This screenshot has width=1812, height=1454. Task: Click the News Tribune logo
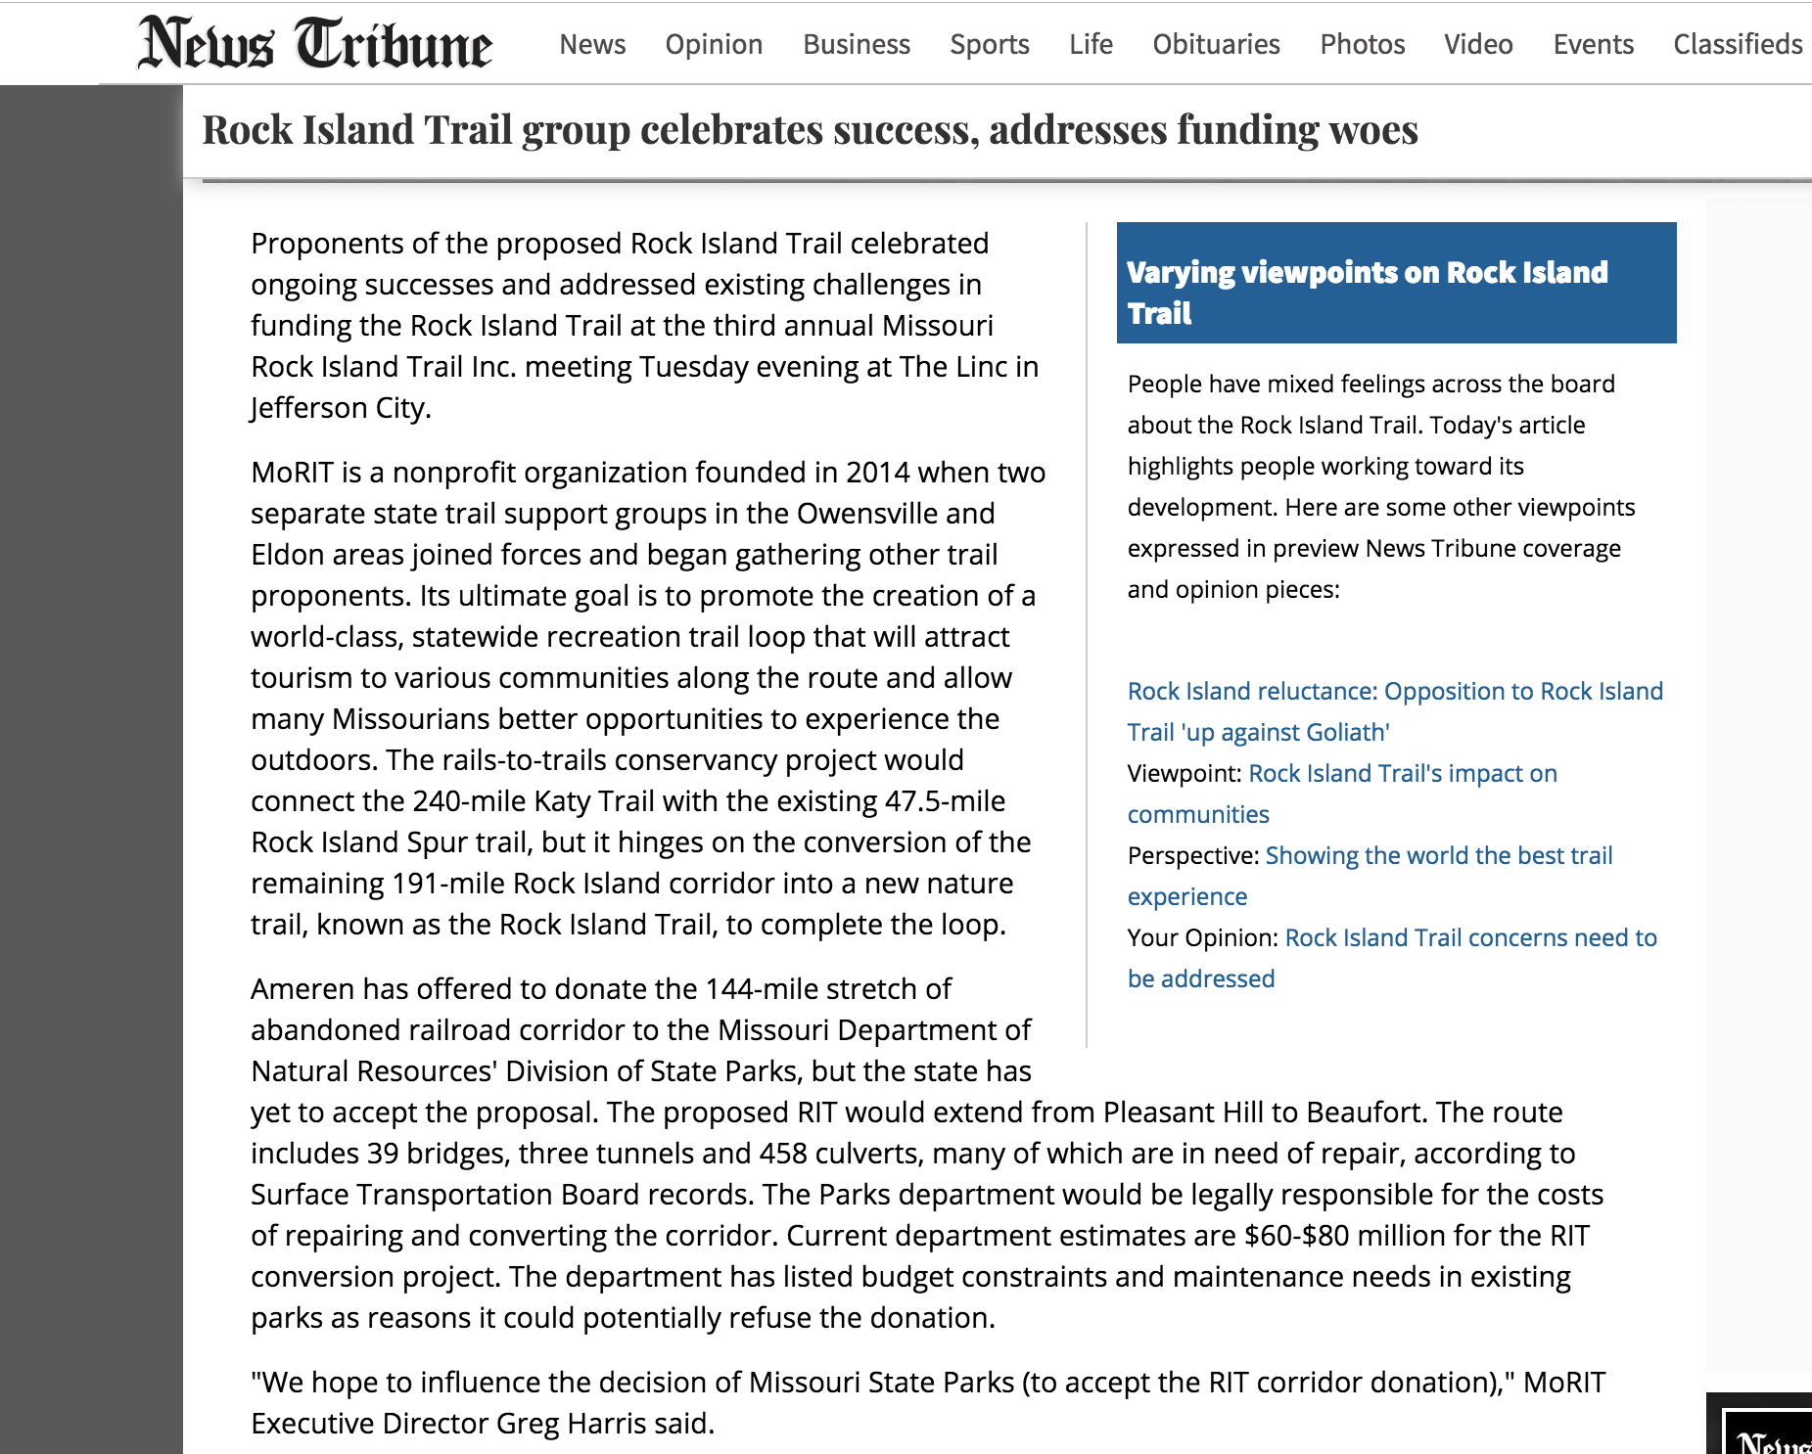[314, 44]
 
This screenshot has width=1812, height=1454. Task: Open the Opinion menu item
[714, 44]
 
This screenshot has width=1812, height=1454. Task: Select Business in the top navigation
[856, 44]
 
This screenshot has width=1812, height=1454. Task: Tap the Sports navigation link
[989, 44]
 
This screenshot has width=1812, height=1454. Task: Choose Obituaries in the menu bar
[1216, 44]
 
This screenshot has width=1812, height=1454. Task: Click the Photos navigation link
[1362, 44]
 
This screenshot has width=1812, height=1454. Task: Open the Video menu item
[1478, 44]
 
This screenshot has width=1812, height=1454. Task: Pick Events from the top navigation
[1593, 44]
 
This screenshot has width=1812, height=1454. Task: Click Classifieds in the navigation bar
[1737, 44]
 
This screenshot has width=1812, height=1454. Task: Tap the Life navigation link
[1091, 44]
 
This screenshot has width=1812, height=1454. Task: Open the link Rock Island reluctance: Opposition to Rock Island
[1395, 691]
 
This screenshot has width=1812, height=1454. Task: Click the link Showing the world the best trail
[1438, 855]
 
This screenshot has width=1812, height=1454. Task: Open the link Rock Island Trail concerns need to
[1470, 937]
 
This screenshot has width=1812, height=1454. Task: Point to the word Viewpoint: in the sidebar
[1184, 773]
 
